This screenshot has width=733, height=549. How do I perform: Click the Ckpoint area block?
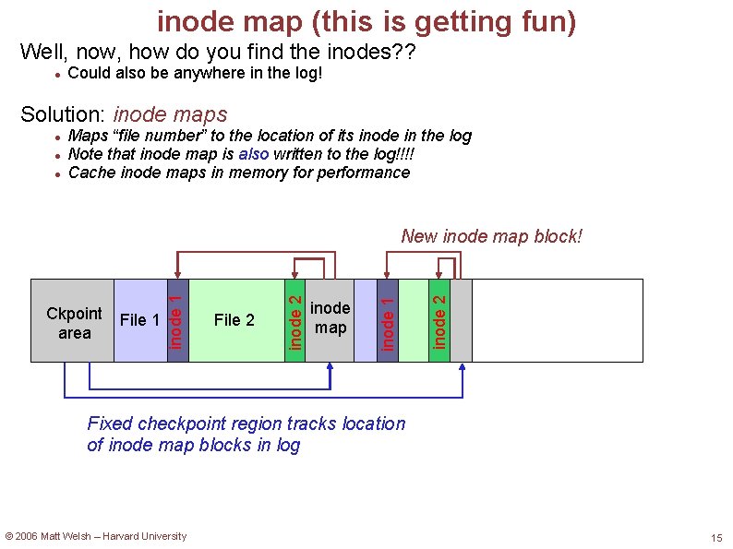click(73, 320)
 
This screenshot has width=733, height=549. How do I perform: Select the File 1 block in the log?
click(139, 320)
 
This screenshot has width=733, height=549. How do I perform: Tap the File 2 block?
click(234, 320)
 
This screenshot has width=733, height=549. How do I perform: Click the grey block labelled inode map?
click(330, 320)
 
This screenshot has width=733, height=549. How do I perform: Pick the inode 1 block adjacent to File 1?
click(177, 320)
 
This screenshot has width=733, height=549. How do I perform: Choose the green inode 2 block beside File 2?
click(294, 320)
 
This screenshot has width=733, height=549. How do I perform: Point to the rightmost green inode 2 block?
click(440, 320)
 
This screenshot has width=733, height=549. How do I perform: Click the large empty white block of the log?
click(557, 320)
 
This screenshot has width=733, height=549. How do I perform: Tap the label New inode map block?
click(491, 236)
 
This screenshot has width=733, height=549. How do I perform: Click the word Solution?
click(62, 114)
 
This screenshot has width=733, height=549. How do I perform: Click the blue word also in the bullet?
click(254, 154)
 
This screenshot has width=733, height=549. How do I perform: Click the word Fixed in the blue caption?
click(110, 424)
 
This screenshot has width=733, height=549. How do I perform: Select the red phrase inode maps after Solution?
click(170, 114)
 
